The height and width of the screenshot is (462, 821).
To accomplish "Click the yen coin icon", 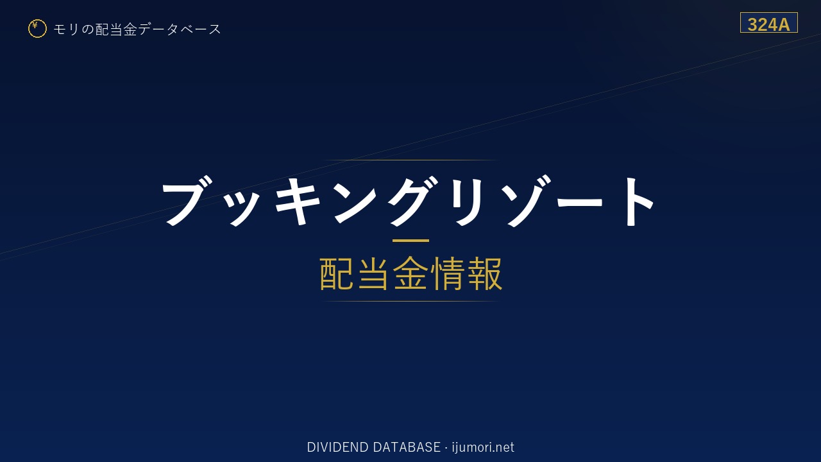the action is (x=37, y=29).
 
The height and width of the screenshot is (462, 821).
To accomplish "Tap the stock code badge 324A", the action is (x=768, y=22).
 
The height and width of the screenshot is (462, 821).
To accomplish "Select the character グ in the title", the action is (x=414, y=201).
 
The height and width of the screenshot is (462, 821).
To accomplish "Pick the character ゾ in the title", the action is (x=527, y=201).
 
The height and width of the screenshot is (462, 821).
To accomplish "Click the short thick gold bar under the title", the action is (x=410, y=241).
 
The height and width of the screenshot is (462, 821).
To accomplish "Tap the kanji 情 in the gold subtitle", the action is (x=447, y=273).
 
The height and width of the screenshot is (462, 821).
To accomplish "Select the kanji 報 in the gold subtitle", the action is (x=484, y=273).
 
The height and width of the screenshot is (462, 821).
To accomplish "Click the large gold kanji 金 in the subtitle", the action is (x=410, y=273).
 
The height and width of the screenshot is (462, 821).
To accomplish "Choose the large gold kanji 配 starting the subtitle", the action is (x=337, y=273).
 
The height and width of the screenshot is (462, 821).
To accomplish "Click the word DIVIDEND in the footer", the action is (x=337, y=447).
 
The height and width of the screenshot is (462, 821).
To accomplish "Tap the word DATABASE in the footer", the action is (x=407, y=447).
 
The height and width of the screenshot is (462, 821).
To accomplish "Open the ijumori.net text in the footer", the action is (x=483, y=447).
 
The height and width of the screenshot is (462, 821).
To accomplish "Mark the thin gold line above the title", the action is (x=410, y=160).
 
